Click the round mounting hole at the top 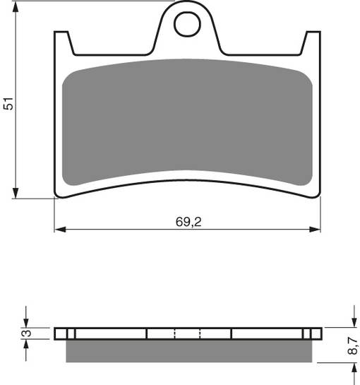187,25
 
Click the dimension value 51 8,103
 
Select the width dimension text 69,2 187,221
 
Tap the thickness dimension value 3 25,333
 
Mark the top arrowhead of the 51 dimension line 16,6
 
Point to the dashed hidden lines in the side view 187,333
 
